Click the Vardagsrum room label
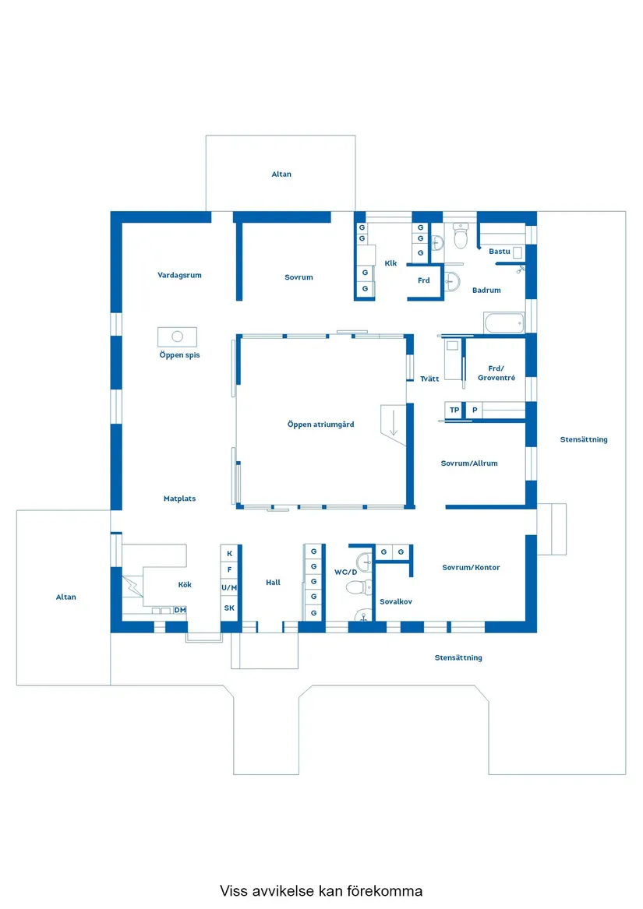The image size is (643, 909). click(x=179, y=275)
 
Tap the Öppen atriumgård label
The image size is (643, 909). click(x=320, y=425)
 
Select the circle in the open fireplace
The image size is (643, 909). click(x=177, y=336)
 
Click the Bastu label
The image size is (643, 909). click(x=499, y=252)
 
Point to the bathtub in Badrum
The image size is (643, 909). click(x=503, y=322)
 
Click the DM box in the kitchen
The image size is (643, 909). click(x=180, y=610)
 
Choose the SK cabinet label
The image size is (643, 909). click(x=229, y=608)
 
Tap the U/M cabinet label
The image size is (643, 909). click(x=229, y=587)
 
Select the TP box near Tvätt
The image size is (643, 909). click(x=454, y=410)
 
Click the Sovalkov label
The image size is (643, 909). click(x=396, y=602)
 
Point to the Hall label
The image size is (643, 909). click(x=273, y=583)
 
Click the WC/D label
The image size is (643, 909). click(x=345, y=573)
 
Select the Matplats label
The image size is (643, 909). click(x=179, y=499)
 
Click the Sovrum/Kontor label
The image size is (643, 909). click(x=471, y=568)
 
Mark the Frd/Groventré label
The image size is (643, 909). click(x=496, y=373)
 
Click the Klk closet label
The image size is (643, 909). click(x=390, y=263)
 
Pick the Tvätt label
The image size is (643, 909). click(x=429, y=379)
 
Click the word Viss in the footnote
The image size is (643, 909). click(x=233, y=890)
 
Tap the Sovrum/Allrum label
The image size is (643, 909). click(x=468, y=463)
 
